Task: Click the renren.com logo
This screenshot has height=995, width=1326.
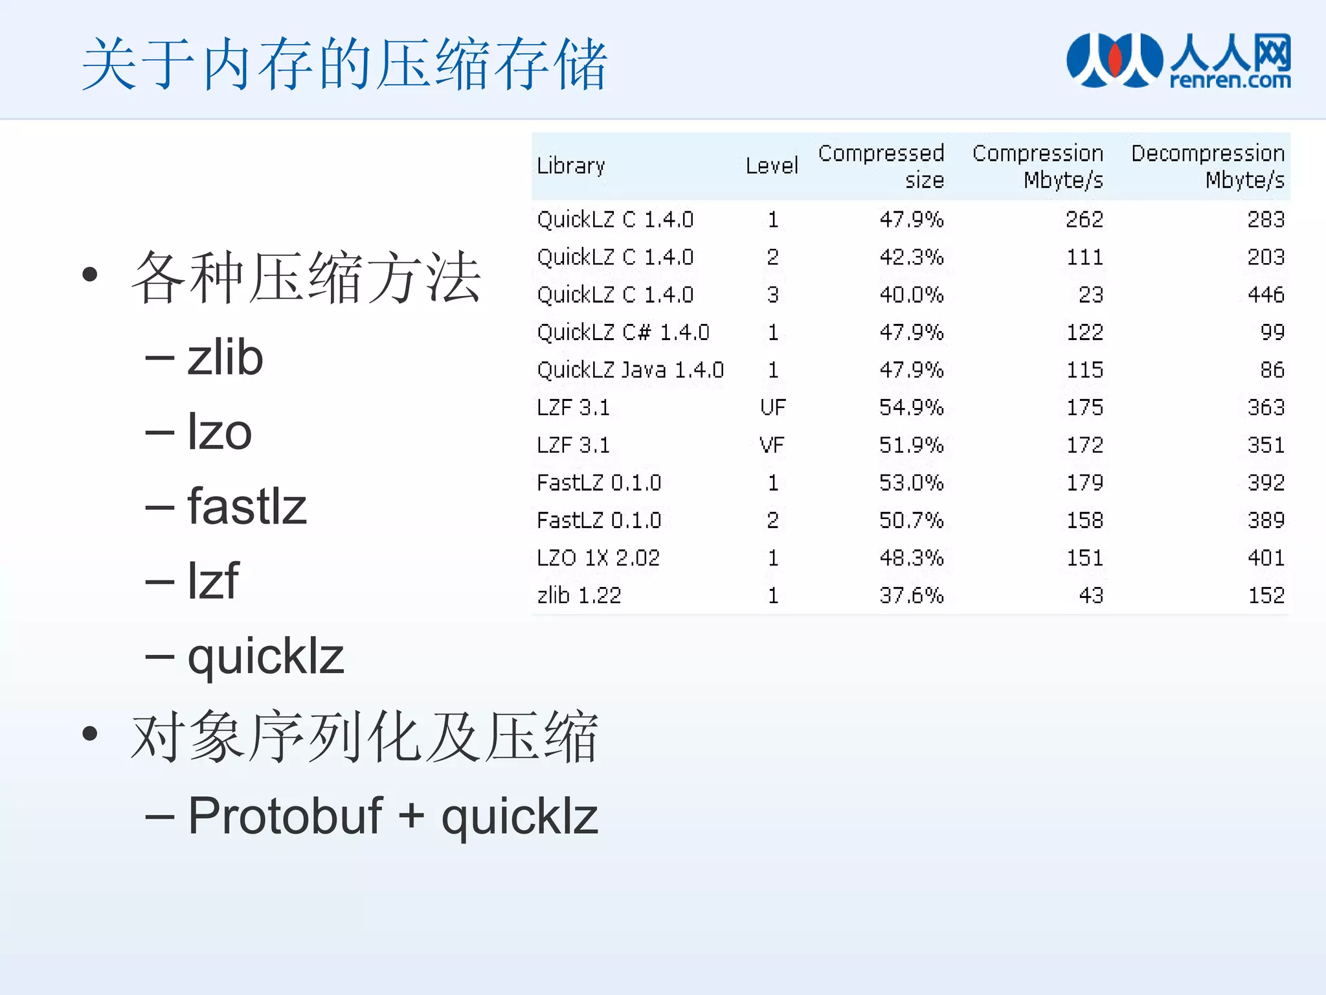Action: click(1178, 61)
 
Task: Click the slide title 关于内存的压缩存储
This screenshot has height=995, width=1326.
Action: click(344, 65)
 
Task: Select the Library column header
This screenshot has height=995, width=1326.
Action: click(570, 166)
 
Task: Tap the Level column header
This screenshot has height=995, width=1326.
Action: click(771, 166)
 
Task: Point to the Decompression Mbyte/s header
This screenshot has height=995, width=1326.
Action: click(1208, 166)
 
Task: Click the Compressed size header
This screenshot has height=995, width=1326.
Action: click(881, 166)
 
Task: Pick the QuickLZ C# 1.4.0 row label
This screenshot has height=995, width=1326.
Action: click(623, 332)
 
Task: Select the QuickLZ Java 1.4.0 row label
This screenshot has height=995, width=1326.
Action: click(630, 370)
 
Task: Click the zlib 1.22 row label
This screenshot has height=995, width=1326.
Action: click(579, 595)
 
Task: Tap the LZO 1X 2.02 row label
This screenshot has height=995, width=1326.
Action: click(598, 558)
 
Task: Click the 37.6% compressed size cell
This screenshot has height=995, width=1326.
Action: click(911, 595)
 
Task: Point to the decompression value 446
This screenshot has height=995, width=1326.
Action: click(1266, 295)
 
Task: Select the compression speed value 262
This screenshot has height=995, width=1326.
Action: click(1084, 220)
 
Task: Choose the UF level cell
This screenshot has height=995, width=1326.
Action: click(772, 407)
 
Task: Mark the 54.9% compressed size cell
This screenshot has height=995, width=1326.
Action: click(911, 407)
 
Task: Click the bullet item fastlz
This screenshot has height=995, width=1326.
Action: click(247, 507)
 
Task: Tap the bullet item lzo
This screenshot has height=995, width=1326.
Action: click(219, 432)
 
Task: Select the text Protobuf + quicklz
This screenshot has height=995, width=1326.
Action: click(393, 816)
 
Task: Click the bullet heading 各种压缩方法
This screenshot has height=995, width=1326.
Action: click(306, 279)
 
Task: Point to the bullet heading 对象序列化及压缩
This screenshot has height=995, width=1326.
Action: click(365, 737)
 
